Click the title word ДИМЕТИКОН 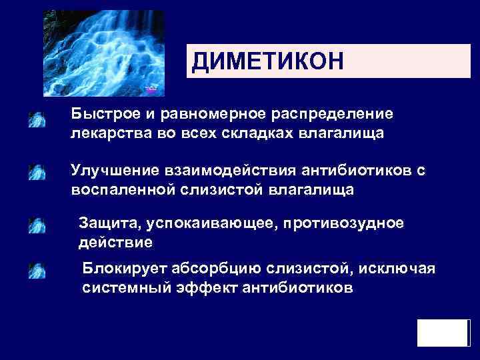tap(267, 63)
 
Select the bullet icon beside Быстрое tap(37, 120)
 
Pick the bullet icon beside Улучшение tap(37, 173)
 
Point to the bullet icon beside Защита tap(37, 225)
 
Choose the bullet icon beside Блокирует tap(37, 270)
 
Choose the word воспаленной tap(123, 190)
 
